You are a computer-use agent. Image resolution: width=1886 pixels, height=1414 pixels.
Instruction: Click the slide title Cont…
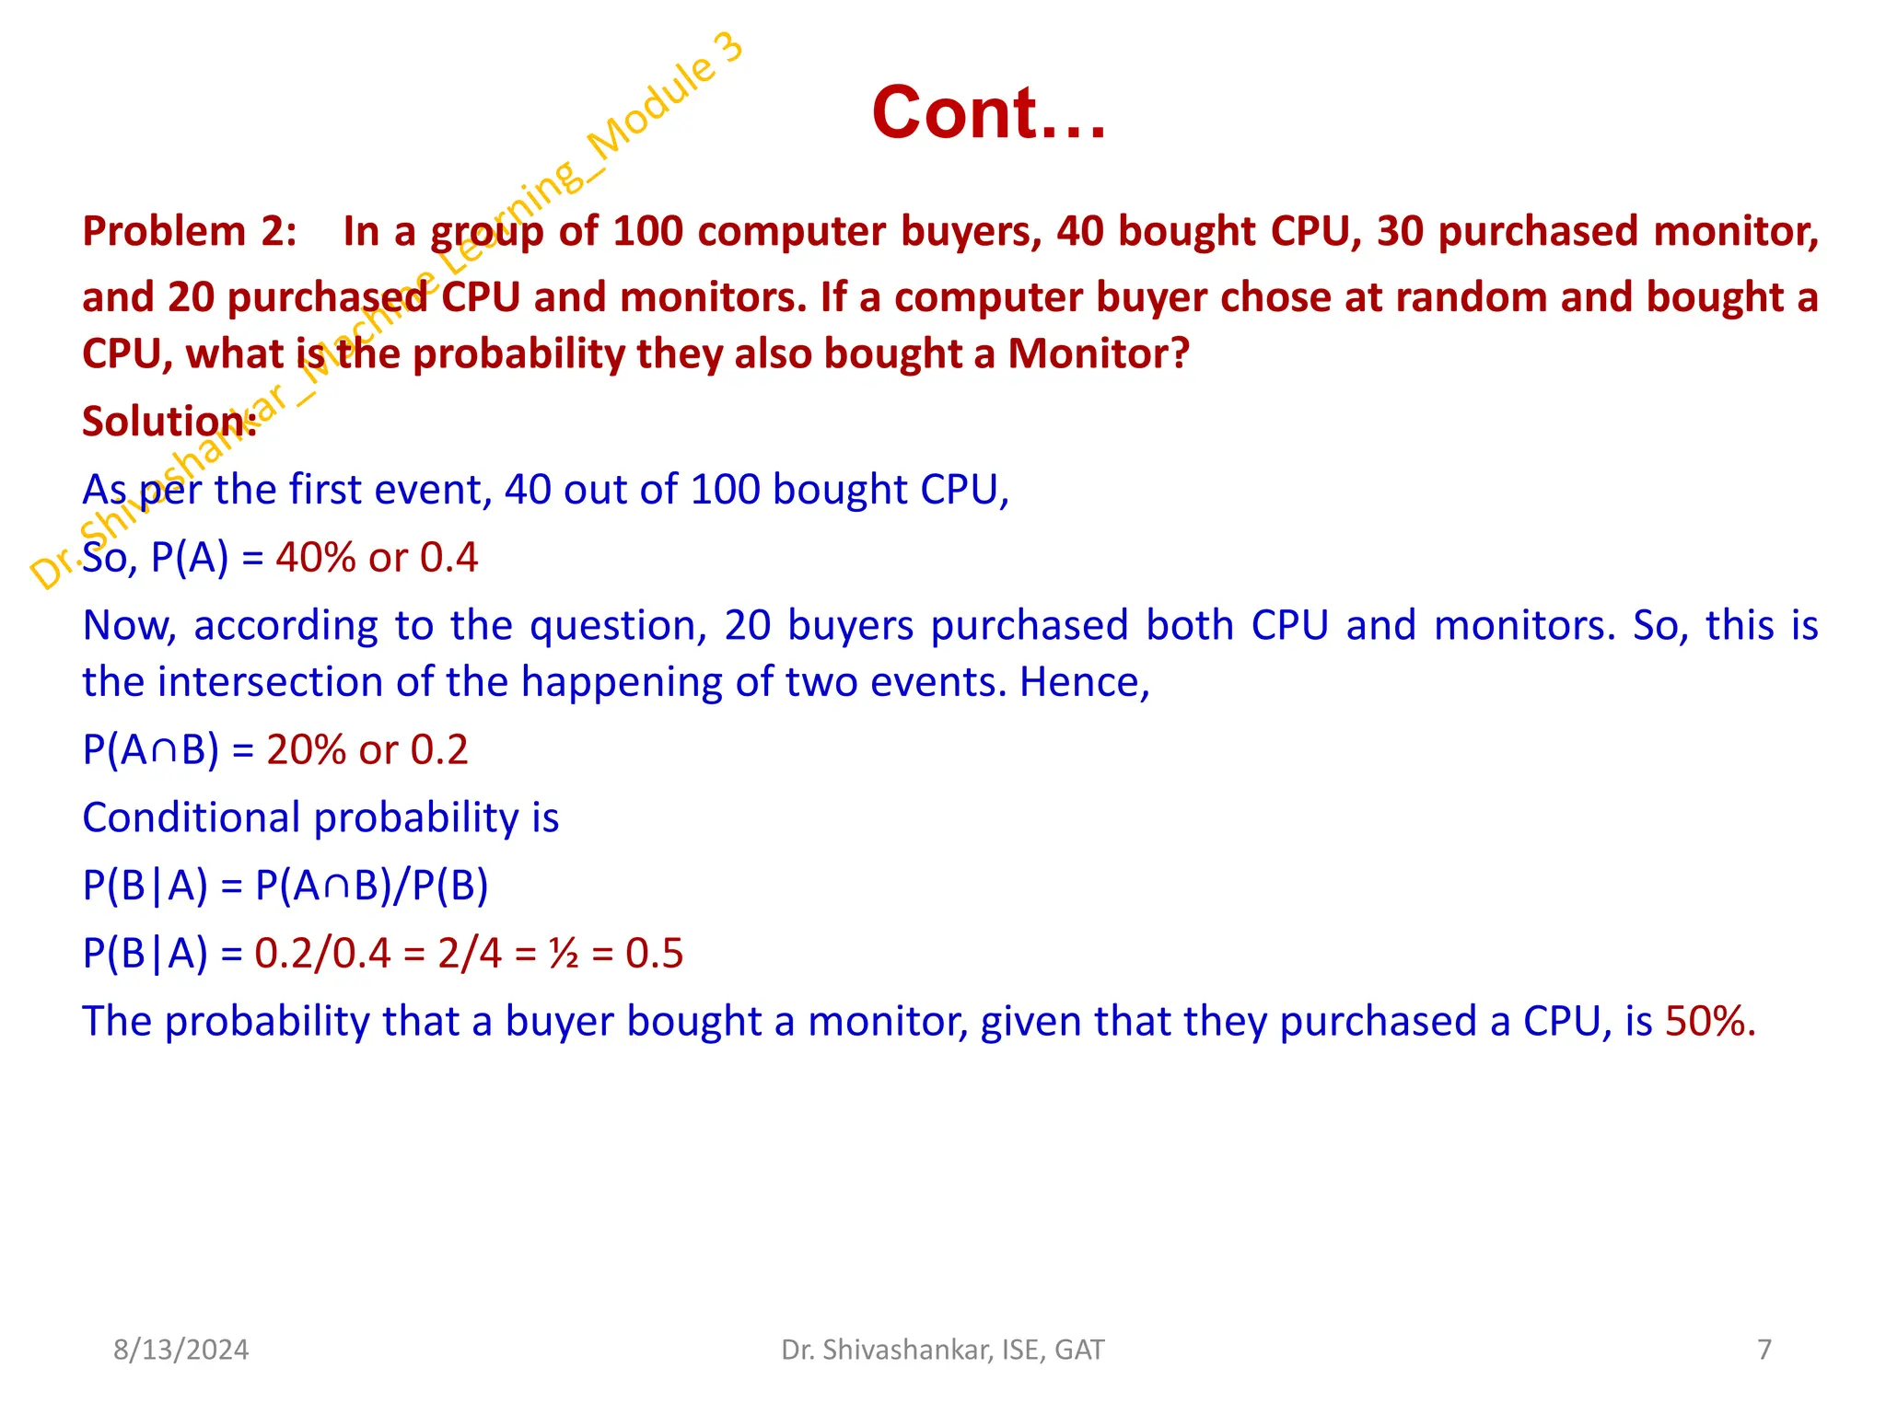(988, 113)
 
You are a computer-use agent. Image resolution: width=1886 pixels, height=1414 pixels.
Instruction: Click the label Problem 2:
(189, 231)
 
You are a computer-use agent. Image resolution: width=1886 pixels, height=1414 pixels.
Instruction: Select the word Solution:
(169, 422)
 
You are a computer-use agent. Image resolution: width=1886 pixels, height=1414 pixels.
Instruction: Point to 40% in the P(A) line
(315, 558)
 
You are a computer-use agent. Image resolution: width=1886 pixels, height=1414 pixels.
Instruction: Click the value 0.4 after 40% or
(448, 558)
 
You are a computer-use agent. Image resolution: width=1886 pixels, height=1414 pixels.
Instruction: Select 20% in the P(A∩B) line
(306, 750)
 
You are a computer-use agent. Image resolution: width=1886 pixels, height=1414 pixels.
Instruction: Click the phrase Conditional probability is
(320, 817)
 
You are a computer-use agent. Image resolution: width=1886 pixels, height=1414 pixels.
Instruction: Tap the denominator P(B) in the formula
(449, 886)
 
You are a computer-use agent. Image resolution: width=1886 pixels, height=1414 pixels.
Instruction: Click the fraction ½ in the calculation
(563, 954)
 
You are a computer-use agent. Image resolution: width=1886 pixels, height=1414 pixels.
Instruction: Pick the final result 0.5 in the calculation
(654, 954)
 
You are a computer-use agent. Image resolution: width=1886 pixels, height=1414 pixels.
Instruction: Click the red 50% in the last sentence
(1708, 1022)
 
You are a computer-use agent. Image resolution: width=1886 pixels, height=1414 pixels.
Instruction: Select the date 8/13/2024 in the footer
(180, 1350)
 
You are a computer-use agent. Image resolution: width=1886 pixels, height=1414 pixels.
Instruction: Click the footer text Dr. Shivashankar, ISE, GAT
(942, 1350)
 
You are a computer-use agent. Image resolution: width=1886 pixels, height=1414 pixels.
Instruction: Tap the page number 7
(1764, 1350)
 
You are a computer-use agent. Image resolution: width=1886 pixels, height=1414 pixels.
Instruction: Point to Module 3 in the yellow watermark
(665, 97)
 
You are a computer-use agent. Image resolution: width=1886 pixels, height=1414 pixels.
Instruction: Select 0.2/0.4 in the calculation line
(322, 954)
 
